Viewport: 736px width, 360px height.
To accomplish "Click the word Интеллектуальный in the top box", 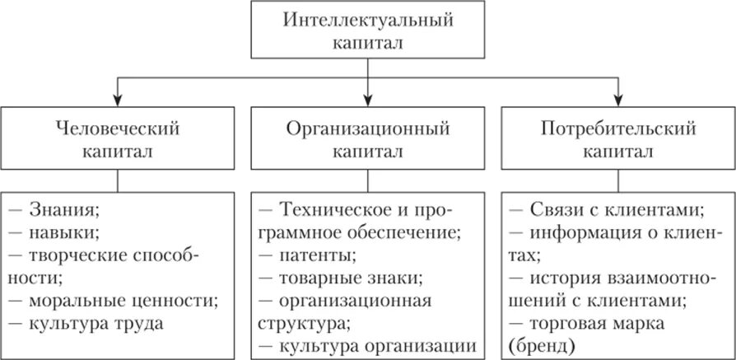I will tap(367, 18).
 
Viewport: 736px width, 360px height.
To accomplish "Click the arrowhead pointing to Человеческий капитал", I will tap(119, 101).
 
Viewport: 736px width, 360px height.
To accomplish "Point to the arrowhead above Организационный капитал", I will tap(368, 101).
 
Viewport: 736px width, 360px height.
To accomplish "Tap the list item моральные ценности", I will tap(113, 300).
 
